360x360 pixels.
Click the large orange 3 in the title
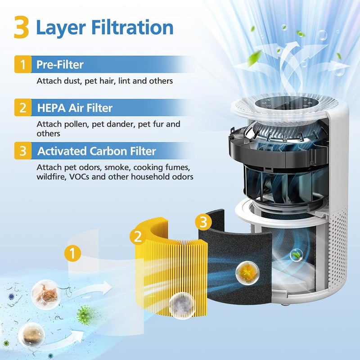click(x=21, y=27)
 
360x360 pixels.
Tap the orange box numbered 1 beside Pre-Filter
click(x=22, y=65)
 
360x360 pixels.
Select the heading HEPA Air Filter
click(x=75, y=108)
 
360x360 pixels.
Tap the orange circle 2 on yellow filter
click(x=138, y=236)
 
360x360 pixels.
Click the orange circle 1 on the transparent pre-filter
click(x=72, y=253)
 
